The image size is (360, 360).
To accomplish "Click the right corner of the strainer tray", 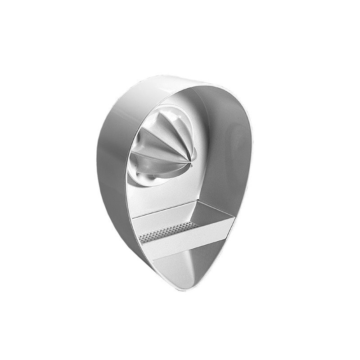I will [x=234, y=217].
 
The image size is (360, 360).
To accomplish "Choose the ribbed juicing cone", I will [x=166, y=144].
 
